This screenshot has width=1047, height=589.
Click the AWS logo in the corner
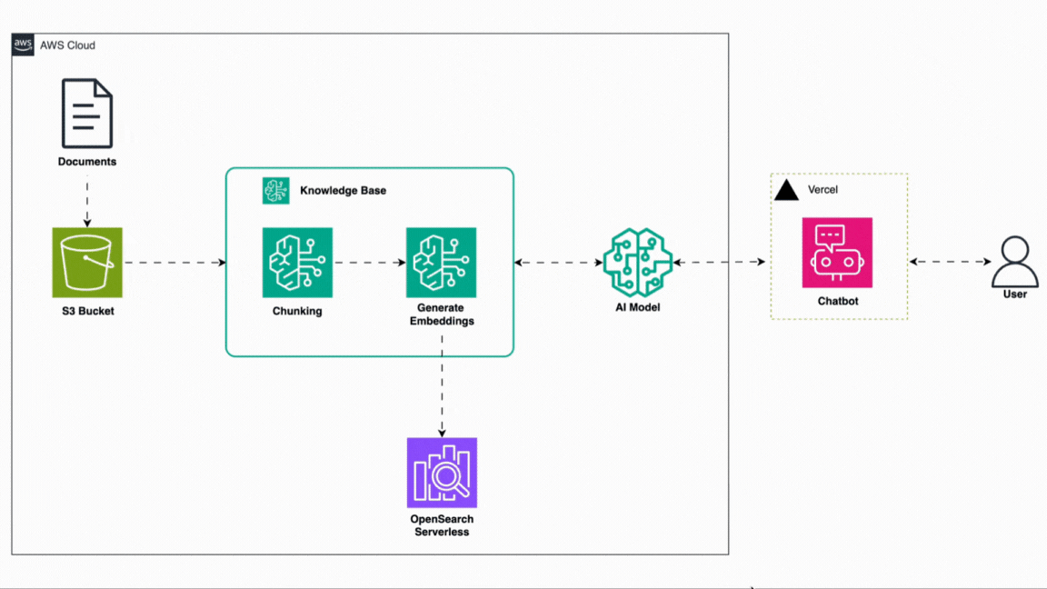[23, 45]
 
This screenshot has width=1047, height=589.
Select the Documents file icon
[87, 114]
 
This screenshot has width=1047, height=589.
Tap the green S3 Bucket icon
[87, 263]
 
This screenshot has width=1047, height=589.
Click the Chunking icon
[297, 263]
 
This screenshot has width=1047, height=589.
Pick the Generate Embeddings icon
[441, 263]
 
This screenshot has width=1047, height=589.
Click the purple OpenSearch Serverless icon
[442, 473]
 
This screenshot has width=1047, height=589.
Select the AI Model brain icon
[637, 263]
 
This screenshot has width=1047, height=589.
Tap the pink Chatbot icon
[837, 253]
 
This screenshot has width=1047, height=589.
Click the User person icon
[1014, 262]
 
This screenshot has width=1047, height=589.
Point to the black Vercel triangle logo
[786, 190]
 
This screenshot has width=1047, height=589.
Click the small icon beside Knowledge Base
[276, 191]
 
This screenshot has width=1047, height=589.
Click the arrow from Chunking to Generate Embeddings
[369, 263]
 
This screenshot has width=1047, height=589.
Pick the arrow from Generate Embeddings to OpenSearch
[442, 385]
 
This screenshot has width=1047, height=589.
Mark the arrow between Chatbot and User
[950, 262]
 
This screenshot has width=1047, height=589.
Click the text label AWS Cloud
[67, 45]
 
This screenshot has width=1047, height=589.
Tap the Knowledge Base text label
[343, 191]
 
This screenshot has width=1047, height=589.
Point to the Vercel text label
[823, 190]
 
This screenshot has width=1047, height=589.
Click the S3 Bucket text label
[87, 311]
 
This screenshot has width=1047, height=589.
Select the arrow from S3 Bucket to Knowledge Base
[174, 263]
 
